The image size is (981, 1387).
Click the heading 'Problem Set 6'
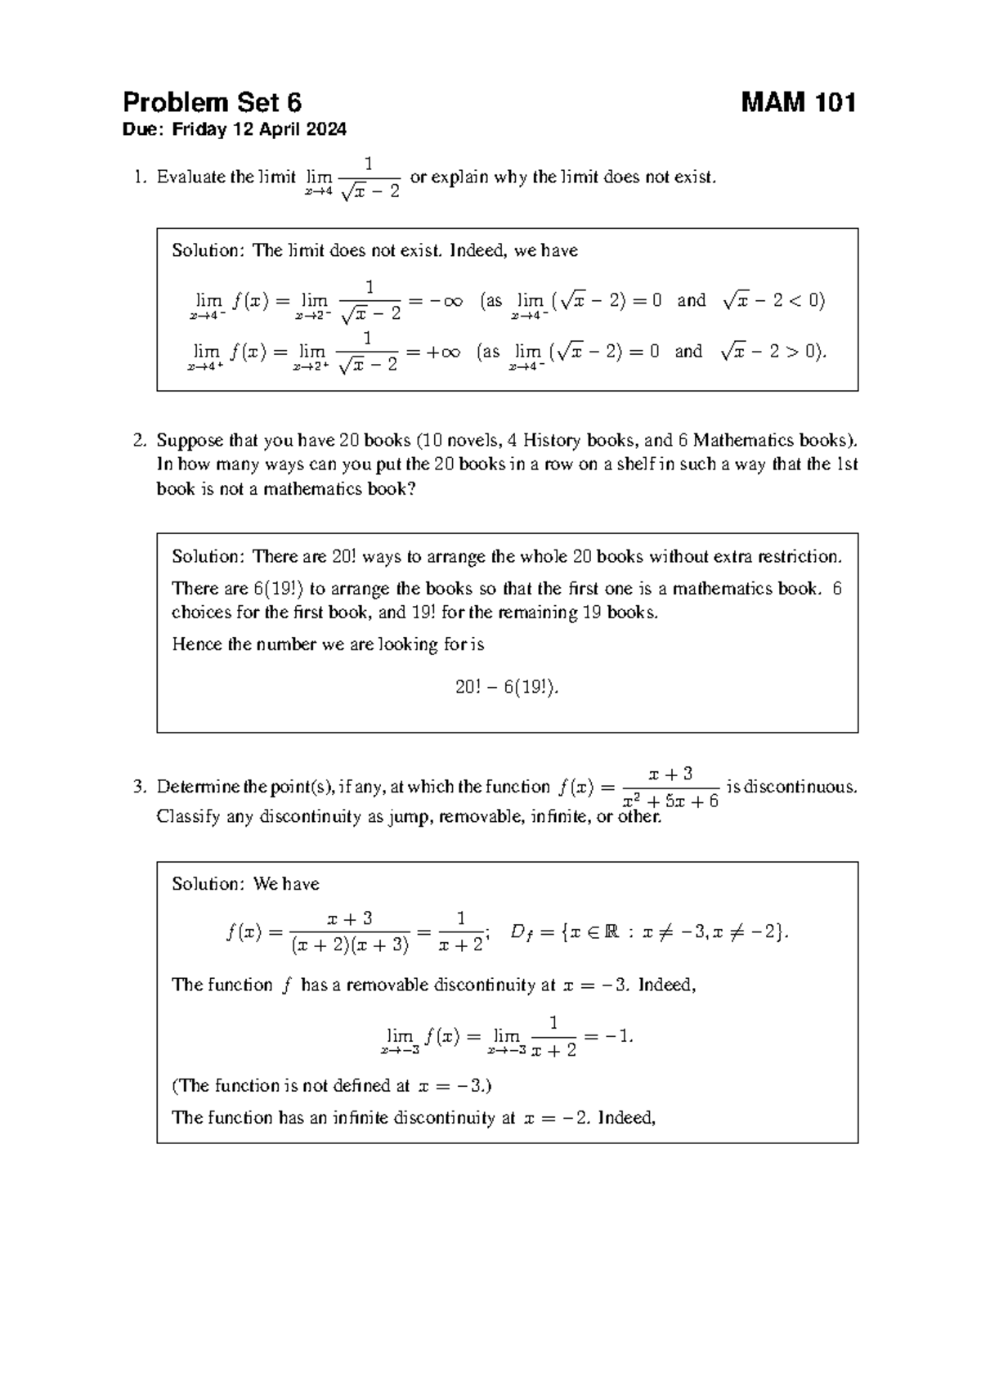pyautogui.click(x=212, y=103)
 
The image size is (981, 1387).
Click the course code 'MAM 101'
pyautogui.click(x=798, y=103)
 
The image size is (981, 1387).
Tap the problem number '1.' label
pyautogui.click(x=141, y=177)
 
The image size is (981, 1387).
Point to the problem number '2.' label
pyautogui.click(x=140, y=441)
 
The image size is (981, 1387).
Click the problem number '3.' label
pyautogui.click(x=140, y=788)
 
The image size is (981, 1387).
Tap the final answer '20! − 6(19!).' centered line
pyautogui.click(x=507, y=688)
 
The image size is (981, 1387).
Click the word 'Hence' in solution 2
pyautogui.click(x=197, y=644)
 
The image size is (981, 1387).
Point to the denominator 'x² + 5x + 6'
pyautogui.click(x=670, y=801)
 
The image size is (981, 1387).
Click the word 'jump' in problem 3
pyautogui.click(x=407, y=816)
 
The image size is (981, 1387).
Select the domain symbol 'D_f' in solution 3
pyautogui.click(x=520, y=933)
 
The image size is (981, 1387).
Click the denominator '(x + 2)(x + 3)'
pyautogui.click(x=350, y=945)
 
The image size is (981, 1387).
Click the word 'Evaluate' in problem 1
pyautogui.click(x=190, y=177)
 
